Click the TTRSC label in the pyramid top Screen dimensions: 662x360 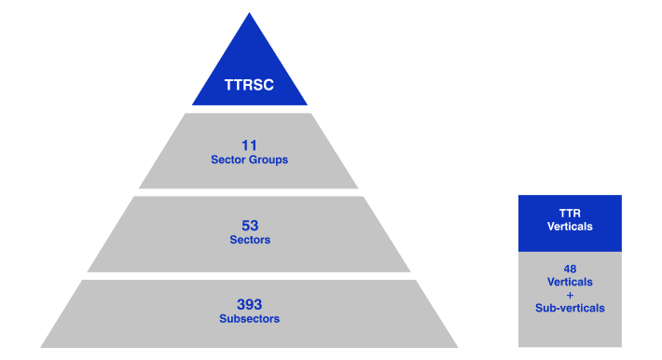(x=249, y=85)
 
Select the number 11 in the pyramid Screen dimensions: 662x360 (x=249, y=145)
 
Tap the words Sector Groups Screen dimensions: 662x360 (x=249, y=159)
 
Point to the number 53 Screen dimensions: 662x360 (x=249, y=226)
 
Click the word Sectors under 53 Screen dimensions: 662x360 (x=249, y=240)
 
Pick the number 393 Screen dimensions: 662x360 (x=249, y=304)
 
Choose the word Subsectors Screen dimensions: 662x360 (x=249, y=319)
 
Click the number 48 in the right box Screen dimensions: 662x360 (x=570, y=269)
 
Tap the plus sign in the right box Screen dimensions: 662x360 (x=570, y=295)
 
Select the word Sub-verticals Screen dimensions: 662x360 (x=570, y=308)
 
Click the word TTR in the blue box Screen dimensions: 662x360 (x=570, y=214)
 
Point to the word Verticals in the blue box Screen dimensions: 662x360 (x=570, y=227)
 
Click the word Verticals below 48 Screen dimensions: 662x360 (x=570, y=282)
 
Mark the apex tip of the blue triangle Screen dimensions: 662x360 (x=249, y=13)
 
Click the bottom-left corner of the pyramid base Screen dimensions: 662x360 (x=40, y=346)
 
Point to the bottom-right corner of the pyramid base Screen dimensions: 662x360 (x=458, y=346)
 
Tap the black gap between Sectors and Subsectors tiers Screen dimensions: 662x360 (x=249, y=275)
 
